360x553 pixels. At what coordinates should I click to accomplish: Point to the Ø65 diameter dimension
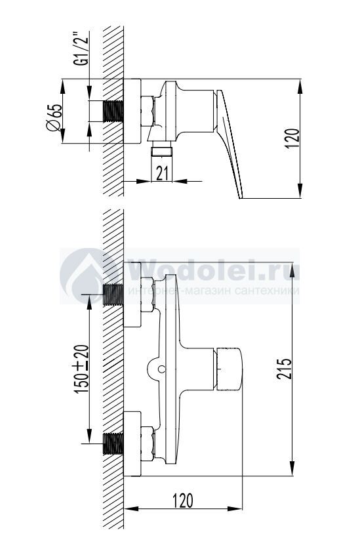(54, 118)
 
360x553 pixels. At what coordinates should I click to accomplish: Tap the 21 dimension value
(161, 173)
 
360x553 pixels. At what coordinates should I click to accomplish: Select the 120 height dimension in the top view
(292, 138)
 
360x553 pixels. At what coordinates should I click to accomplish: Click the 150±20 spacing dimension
(81, 369)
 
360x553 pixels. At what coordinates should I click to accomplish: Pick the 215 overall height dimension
(284, 369)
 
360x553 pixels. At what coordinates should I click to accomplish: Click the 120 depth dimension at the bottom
(183, 501)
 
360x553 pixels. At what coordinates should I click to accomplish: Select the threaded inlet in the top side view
(113, 112)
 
